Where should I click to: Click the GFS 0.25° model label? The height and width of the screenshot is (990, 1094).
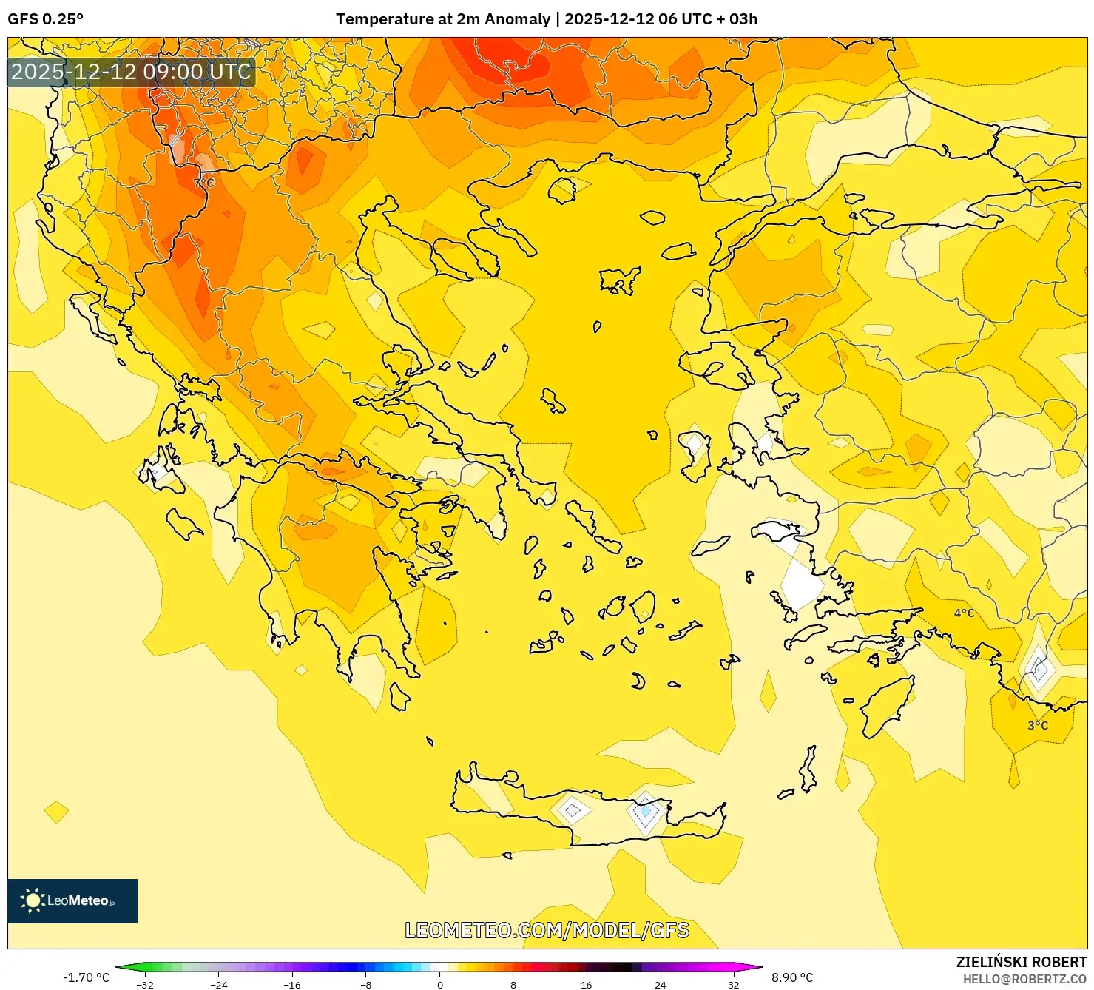[46, 19]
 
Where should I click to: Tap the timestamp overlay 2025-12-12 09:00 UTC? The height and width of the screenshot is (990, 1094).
[131, 73]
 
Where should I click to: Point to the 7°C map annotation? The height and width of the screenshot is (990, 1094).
[204, 182]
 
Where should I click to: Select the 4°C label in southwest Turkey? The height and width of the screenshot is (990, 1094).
[964, 613]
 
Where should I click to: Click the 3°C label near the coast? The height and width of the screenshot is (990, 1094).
[1038, 725]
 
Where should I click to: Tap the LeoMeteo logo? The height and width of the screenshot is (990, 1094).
[72, 900]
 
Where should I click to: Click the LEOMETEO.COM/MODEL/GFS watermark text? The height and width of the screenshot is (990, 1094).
[547, 930]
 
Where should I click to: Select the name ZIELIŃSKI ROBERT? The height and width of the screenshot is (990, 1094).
[1021, 962]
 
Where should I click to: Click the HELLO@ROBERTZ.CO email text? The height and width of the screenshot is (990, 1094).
[1024, 979]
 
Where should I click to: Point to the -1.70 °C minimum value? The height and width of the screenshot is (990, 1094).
[86, 977]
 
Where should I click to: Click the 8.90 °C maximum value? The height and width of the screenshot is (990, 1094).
[792, 977]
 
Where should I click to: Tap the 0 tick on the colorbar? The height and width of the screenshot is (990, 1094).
[440, 984]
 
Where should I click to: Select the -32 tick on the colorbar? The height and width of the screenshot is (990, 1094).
[145, 984]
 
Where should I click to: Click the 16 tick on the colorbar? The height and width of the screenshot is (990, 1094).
[586, 984]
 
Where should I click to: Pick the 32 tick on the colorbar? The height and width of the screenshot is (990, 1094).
[733, 984]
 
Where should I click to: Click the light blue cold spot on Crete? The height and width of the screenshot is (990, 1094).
[645, 812]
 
